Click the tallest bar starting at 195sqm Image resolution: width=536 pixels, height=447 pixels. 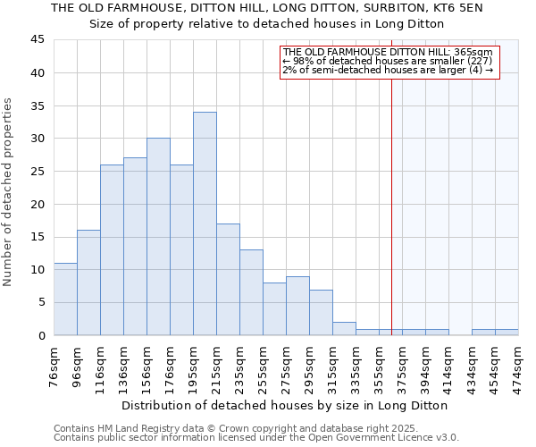point(205,223)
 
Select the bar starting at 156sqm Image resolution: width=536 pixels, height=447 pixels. point(158,237)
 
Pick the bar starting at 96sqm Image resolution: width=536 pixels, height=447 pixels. point(88,283)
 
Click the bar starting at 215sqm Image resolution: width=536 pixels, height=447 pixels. point(228,279)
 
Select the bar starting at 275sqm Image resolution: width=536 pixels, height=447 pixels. point(297,306)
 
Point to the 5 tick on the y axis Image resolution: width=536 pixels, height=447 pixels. point(41,302)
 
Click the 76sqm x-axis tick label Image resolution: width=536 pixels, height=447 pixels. point(54,367)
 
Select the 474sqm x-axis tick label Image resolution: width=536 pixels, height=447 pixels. point(519,367)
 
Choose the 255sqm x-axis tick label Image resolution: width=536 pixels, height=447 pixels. point(264,367)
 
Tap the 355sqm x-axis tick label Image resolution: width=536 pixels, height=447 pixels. point(380,367)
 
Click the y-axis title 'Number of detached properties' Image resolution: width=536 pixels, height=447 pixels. point(8,193)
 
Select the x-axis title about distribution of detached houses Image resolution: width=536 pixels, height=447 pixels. point(286,405)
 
